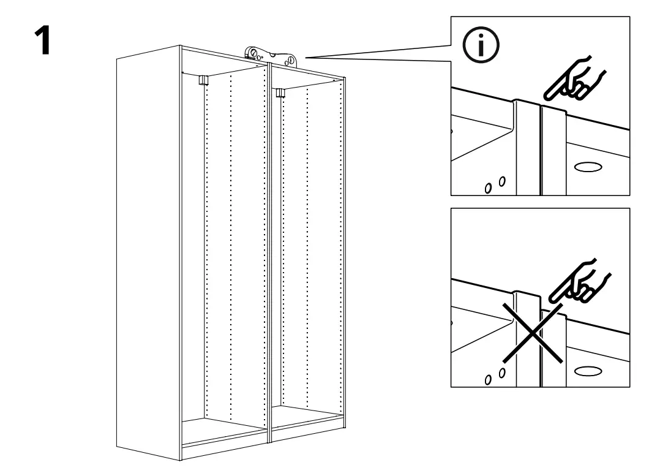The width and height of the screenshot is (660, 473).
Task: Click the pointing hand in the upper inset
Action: [x=576, y=79]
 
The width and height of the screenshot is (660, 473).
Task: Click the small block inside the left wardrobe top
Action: [x=203, y=78]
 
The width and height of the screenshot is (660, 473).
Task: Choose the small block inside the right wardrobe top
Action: [x=280, y=93]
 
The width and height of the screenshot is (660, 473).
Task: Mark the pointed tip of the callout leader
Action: [x=301, y=57]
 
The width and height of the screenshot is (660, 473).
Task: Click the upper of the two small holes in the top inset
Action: [x=501, y=181]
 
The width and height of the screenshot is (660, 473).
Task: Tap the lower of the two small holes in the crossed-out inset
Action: [x=489, y=380]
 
